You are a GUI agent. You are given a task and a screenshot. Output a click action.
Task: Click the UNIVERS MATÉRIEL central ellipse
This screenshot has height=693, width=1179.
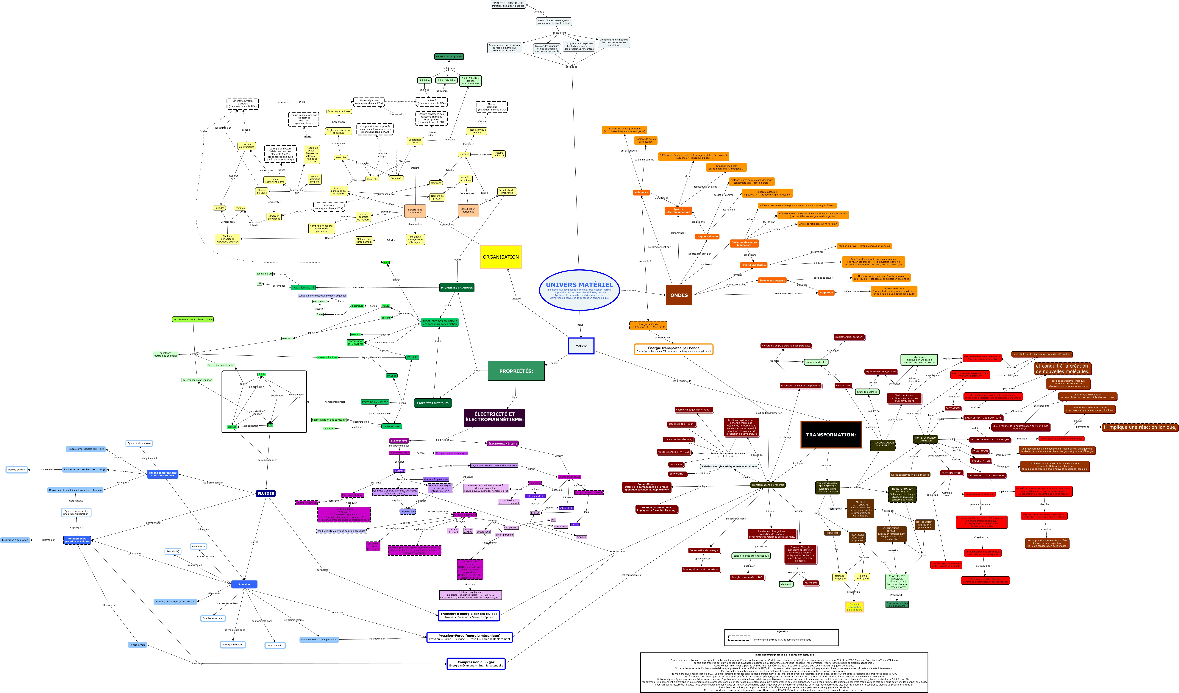coord(579,290)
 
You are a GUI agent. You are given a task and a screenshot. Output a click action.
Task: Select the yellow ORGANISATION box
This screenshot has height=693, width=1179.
coord(501,257)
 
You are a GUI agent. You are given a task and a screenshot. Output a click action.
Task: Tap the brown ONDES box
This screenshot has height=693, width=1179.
coord(679,295)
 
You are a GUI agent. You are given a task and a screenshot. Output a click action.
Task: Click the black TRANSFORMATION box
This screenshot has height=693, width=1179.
coord(831,435)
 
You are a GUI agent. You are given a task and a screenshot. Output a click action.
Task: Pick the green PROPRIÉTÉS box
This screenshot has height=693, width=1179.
coord(516,371)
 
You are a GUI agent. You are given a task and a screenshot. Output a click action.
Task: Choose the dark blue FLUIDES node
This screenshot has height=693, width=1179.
coord(266,493)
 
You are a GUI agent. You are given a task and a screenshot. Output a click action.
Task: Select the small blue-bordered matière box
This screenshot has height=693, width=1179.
coord(581,346)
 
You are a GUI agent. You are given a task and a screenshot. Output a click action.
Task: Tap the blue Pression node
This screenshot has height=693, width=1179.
coord(244,584)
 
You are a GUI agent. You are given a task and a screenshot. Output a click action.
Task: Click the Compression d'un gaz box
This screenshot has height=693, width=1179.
coord(476,664)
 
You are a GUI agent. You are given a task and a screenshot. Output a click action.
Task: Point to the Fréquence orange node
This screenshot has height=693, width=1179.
coord(641,192)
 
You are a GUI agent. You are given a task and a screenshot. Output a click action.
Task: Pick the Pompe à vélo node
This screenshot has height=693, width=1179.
coord(137,645)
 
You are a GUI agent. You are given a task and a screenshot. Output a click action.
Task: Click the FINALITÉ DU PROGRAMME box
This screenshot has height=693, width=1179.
coord(508,4)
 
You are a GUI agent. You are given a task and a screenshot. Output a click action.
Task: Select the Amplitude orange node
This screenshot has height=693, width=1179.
coord(826,292)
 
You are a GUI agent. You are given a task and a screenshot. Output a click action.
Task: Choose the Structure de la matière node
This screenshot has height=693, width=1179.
coord(415,211)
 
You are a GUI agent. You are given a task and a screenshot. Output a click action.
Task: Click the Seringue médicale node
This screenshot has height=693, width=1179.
coord(232,645)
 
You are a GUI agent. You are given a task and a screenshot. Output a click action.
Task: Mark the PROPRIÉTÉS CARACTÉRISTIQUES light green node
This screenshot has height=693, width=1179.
coord(193,320)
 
